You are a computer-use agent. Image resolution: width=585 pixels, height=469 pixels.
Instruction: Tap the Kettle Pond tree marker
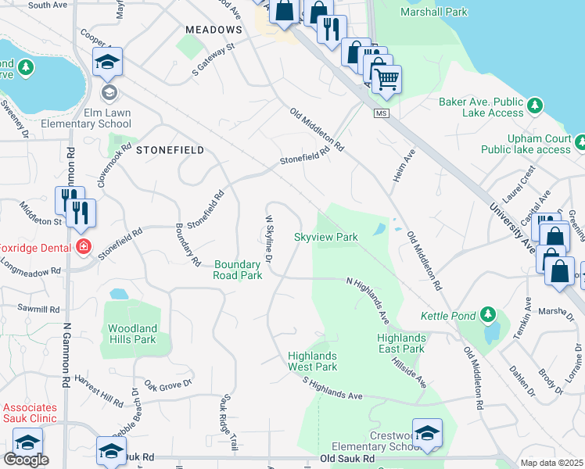490,314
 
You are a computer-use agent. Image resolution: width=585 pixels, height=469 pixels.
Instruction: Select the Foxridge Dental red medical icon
84,248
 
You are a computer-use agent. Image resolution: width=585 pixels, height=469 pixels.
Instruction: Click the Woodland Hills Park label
132,334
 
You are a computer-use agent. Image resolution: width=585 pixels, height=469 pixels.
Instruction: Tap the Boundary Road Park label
238,270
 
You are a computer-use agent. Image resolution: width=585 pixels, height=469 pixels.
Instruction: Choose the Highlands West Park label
312,361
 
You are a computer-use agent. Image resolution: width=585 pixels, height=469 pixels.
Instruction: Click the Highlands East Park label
400,343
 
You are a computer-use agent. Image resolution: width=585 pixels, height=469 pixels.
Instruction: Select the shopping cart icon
386,78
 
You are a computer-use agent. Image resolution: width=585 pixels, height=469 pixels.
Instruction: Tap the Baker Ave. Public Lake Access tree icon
535,104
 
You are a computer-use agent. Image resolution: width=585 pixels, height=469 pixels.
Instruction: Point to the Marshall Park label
433,13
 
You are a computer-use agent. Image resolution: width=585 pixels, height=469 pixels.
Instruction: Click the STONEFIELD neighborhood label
170,149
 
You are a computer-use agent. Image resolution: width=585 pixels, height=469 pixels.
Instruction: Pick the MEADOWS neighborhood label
214,30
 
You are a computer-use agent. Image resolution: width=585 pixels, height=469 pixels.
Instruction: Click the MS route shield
381,114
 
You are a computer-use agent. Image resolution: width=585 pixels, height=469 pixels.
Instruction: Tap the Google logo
26,460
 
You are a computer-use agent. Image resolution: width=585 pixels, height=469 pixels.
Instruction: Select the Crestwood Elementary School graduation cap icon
427,433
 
